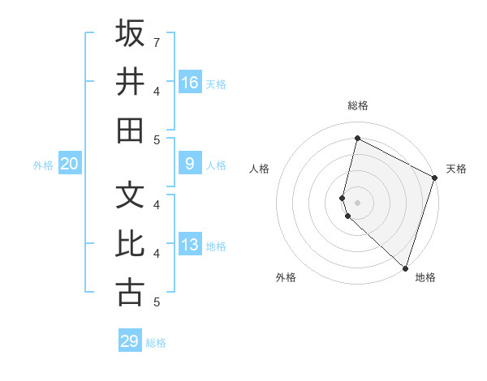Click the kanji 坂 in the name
(x=130, y=34)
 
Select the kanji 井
(x=130, y=81)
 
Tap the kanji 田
(x=130, y=130)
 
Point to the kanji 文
(x=130, y=196)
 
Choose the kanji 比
(x=130, y=243)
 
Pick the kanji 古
(x=130, y=292)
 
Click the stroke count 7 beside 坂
(x=157, y=41)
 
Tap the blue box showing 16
(x=190, y=83)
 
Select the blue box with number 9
(x=190, y=164)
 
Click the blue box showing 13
(x=190, y=245)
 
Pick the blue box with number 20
(x=69, y=164)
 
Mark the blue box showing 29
(x=129, y=341)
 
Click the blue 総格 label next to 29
(x=156, y=343)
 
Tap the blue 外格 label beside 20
(x=43, y=165)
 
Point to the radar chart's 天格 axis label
(x=456, y=169)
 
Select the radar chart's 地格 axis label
(x=425, y=277)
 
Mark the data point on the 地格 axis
(x=404, y=268)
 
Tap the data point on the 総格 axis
(x=357, y=139)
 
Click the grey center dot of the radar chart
(x=357, y=202)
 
